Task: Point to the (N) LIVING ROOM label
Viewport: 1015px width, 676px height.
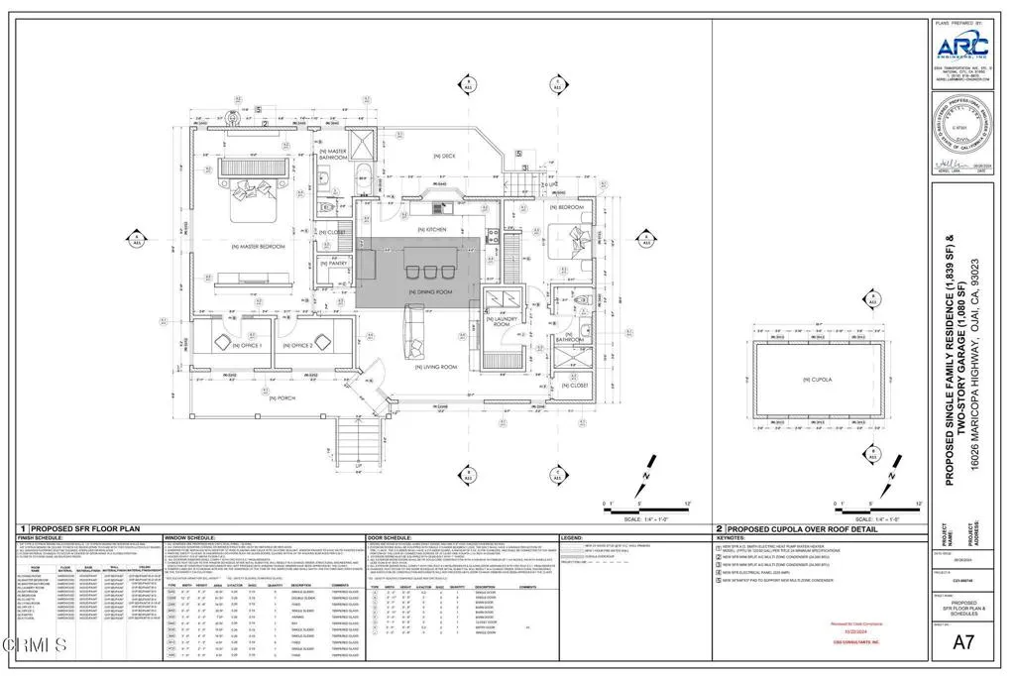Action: click(x=434, y=367)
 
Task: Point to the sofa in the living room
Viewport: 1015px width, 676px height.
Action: click(x=411, y=333)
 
